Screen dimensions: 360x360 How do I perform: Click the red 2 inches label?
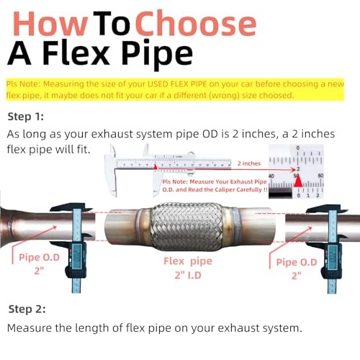(248, 163)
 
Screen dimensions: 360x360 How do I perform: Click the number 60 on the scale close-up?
(320, 175)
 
